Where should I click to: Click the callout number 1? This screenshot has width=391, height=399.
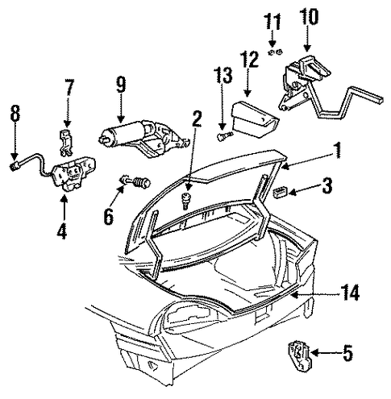pyautogui.click(x=337, y=150)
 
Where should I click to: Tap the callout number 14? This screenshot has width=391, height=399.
pyautogui.click(x=350, y=293)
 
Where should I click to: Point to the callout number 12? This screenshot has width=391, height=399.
pyautogui.click(x=250, y=59)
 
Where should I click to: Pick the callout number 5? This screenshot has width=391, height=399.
pyautogui.click(x=347, y=353)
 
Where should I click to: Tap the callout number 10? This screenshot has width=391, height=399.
pyautogui.click(x=310, y=16)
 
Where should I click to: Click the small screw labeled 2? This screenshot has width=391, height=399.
pyautogui.click(x=185, y=200)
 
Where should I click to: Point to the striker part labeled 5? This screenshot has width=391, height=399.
pyautogui.click(x=299, y=355)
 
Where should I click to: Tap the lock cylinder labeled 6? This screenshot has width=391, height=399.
pyautogui.click(x=136, y=182)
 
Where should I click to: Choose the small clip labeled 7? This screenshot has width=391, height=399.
pyautogui.click(x=65, y=142)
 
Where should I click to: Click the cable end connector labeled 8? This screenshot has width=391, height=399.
pyautogui.click(x=13, y=168)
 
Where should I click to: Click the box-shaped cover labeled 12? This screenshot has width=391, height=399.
pyautogui.click(x=255, y=119)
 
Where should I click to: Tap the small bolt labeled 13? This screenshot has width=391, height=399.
pyautogui.click(x=224, y=135)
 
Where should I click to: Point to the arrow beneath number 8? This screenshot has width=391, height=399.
pyautogui.click(x=15, y=141)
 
